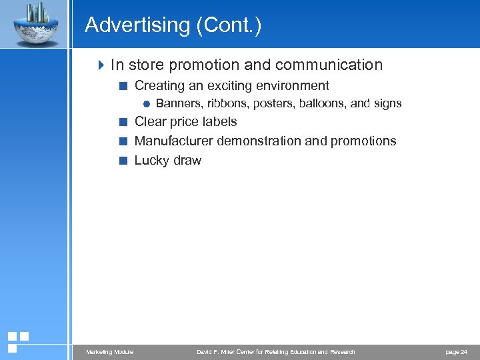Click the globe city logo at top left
pos(34,23)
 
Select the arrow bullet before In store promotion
pos(101,65)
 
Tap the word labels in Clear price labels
pos(219,122)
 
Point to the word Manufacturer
pos(175,141)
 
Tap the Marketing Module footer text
pos(110,352)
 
